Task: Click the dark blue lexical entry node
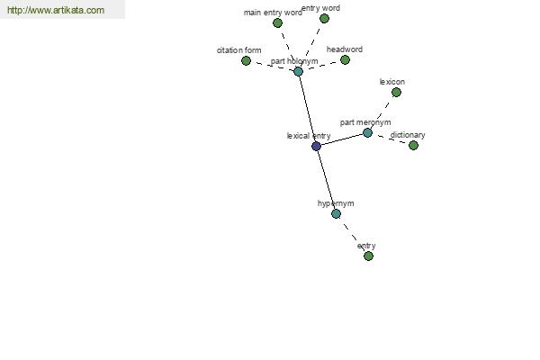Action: click(316, 146)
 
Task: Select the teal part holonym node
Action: click(298, 72)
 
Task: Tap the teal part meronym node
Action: click(367, 132)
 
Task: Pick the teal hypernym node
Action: click(336, 214)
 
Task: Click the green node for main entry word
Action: click(277, 23)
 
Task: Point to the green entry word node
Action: click(324, 19)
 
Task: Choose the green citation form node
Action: click(246, 61)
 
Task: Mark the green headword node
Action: click(345, 60)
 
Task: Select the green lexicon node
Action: click(396, 93)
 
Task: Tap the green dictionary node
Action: click(414, 146)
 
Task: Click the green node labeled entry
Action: click(368, 256)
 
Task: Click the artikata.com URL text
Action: click(56, 10)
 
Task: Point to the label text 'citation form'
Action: click(239, 50)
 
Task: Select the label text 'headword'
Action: click(345, 49)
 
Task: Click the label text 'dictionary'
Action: click(408, 135)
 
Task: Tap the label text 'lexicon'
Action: click(392, 82)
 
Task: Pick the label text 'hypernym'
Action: click(336, 203)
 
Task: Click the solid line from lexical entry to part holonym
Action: click(307, 109)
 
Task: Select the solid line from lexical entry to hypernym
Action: click(326, 180)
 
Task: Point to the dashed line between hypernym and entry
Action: click(352, 235)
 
